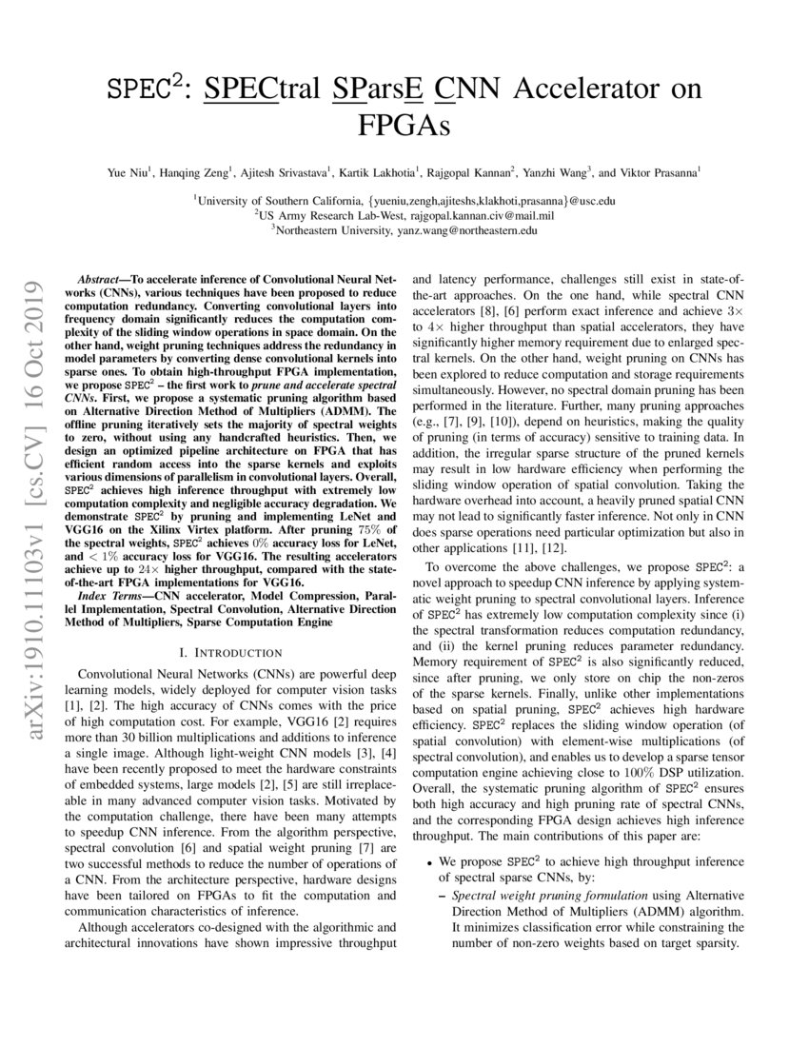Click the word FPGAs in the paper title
[404, 125]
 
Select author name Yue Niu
[130, 173]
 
